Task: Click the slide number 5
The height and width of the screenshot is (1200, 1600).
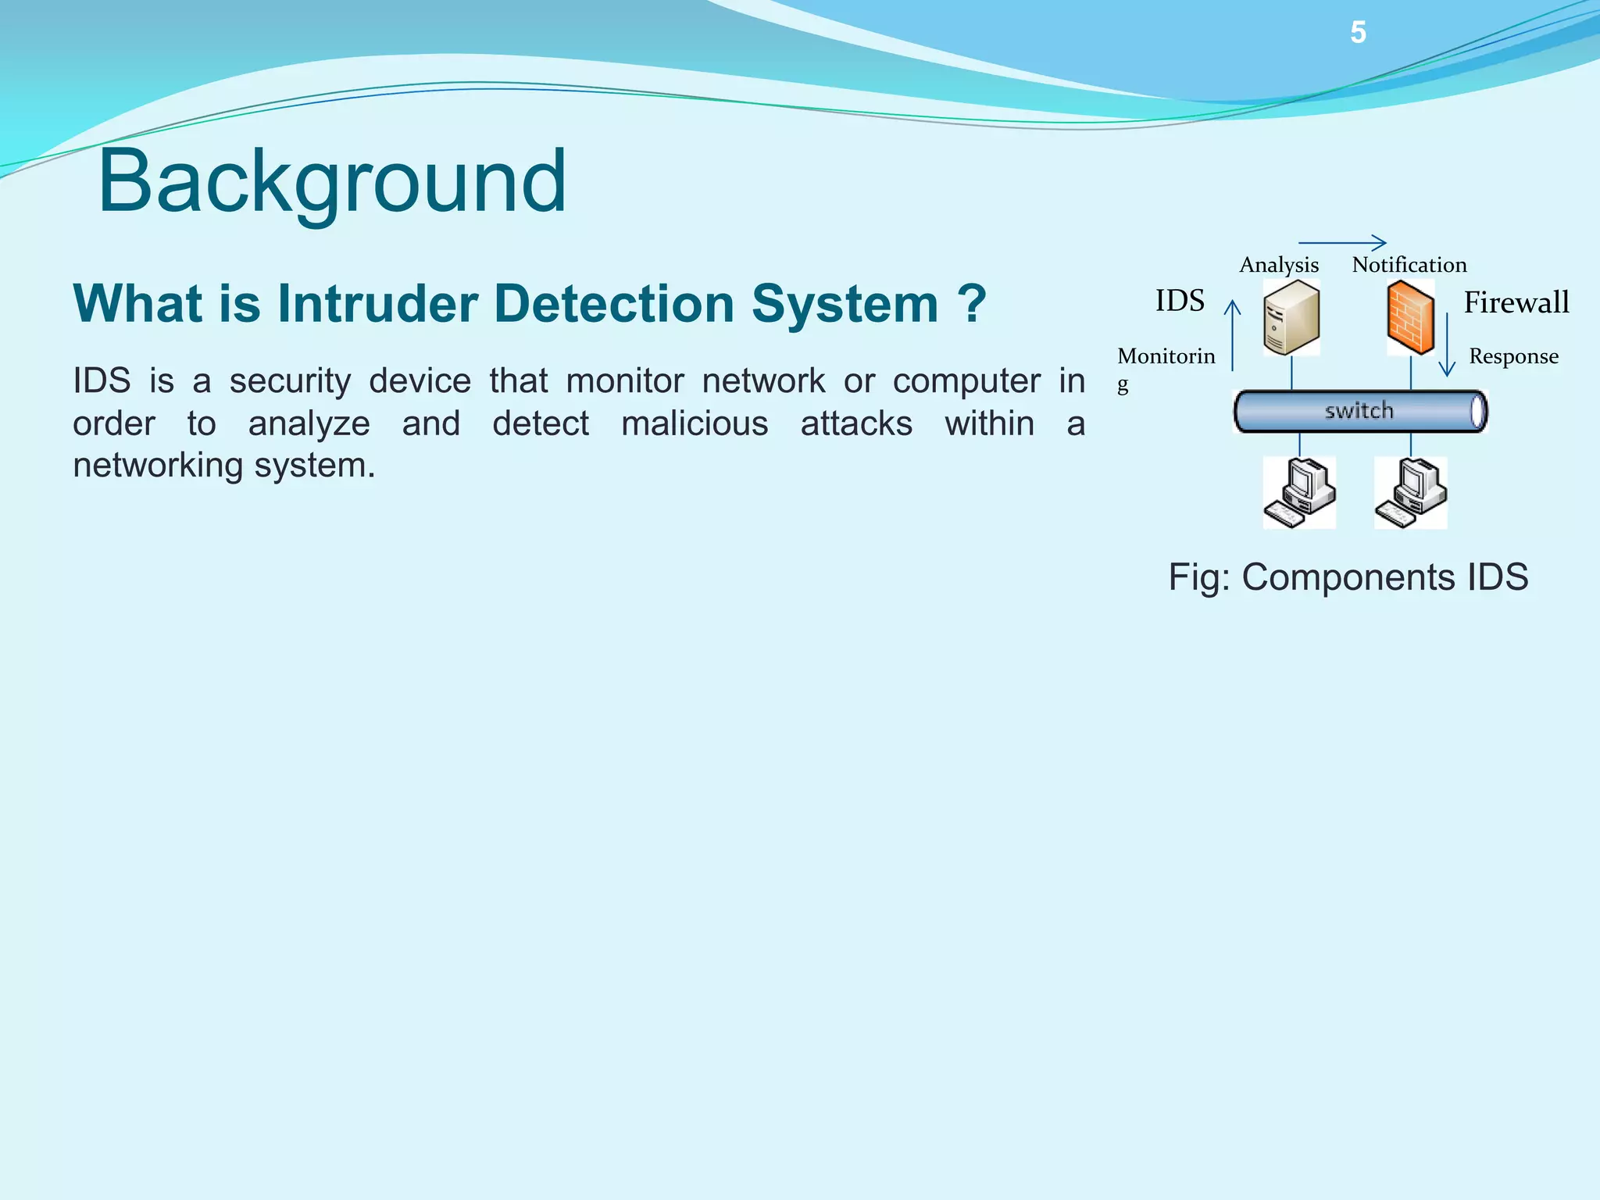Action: click(1358, 33)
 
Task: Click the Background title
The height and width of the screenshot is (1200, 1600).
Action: click(332, 181)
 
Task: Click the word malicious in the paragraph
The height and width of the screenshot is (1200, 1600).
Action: click(695, 423)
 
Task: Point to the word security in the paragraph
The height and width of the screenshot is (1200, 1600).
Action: click(290, 381)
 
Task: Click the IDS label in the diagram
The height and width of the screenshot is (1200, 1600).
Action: click(1180, 301)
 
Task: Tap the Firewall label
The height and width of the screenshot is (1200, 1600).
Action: click(1516, 302)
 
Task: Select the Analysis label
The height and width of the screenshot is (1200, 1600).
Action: click(1279, 265)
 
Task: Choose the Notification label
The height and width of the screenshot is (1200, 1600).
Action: click(1409, 265)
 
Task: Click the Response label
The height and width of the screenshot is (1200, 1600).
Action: click(1513, 356)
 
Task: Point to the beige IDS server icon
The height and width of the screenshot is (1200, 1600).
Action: click(1291, 318)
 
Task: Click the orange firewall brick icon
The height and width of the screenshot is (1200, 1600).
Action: click(1410, 318)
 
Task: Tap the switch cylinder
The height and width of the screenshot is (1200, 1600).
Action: click(1359, 411)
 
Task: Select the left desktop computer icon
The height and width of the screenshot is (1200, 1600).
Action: click(1299, 493)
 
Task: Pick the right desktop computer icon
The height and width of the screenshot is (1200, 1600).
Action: click(1411, 493)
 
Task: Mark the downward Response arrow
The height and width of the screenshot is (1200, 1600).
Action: click(1447, 344)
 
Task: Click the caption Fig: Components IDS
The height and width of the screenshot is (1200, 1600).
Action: click(1348, 577)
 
